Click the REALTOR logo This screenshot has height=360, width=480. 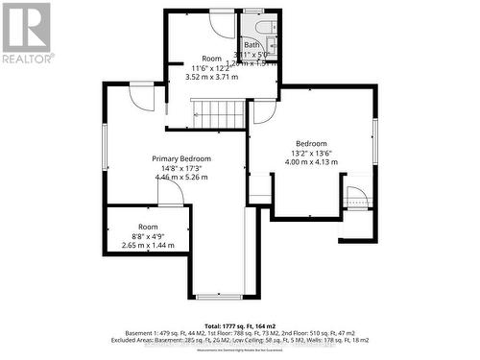click(x=27, y=34)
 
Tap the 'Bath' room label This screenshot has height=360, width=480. click(x=252, y=45)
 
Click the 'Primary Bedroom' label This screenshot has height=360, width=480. click(x=181, y=158)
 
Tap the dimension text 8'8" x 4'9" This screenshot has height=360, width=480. click(x=147, y=236)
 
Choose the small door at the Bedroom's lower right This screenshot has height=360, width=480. click(x=355, y=198)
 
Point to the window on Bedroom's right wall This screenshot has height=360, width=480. click(x=374, y=141)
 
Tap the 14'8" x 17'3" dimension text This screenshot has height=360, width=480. click(x=181, y=168)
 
